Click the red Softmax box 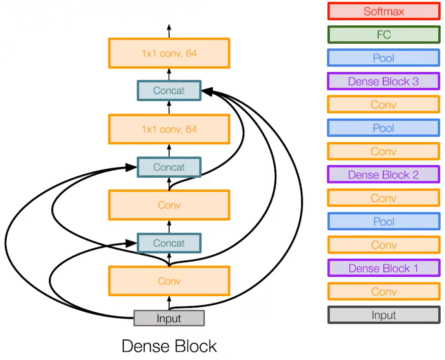pyautogui.click(x=383, y=11)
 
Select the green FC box pyautogui.click(x=383, y=35)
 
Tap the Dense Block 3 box pyautogui.click(x=383, y=81)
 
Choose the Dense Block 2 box pyautogui.click(x=383, y=175)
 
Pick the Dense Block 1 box pyautogui.click(x=383, y=268)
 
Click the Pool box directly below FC pyautogui.click(x=383, y=58)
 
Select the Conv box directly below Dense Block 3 pyautogui.click(x=383, y=105)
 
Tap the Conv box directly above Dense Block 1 pyautogui.click(x=383, y=245)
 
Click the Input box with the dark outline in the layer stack pyautogui.click(x=383, y=315)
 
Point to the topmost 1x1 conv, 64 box pyautogui.click(x=169, y=53)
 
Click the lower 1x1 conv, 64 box pyautogui.click(x=169, y=129)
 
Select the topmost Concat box pyautogui.click(x=169, y=90)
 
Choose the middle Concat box pyautogui.click(x=169, y=167)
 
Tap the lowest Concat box pyautogui.click(x=169, y=243)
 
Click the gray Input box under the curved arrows pyautogui.click(x=169, y=318)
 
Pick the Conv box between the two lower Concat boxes pyautogui.click(x=169, y=205)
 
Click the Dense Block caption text pyautogui.click(x=169, y=346)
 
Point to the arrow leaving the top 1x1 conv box pyautogui.click(x=169, y=31)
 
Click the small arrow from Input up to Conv pyautogui.click(x=169, y=303)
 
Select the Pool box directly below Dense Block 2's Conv pyautogui.click(x=383, y=222)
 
